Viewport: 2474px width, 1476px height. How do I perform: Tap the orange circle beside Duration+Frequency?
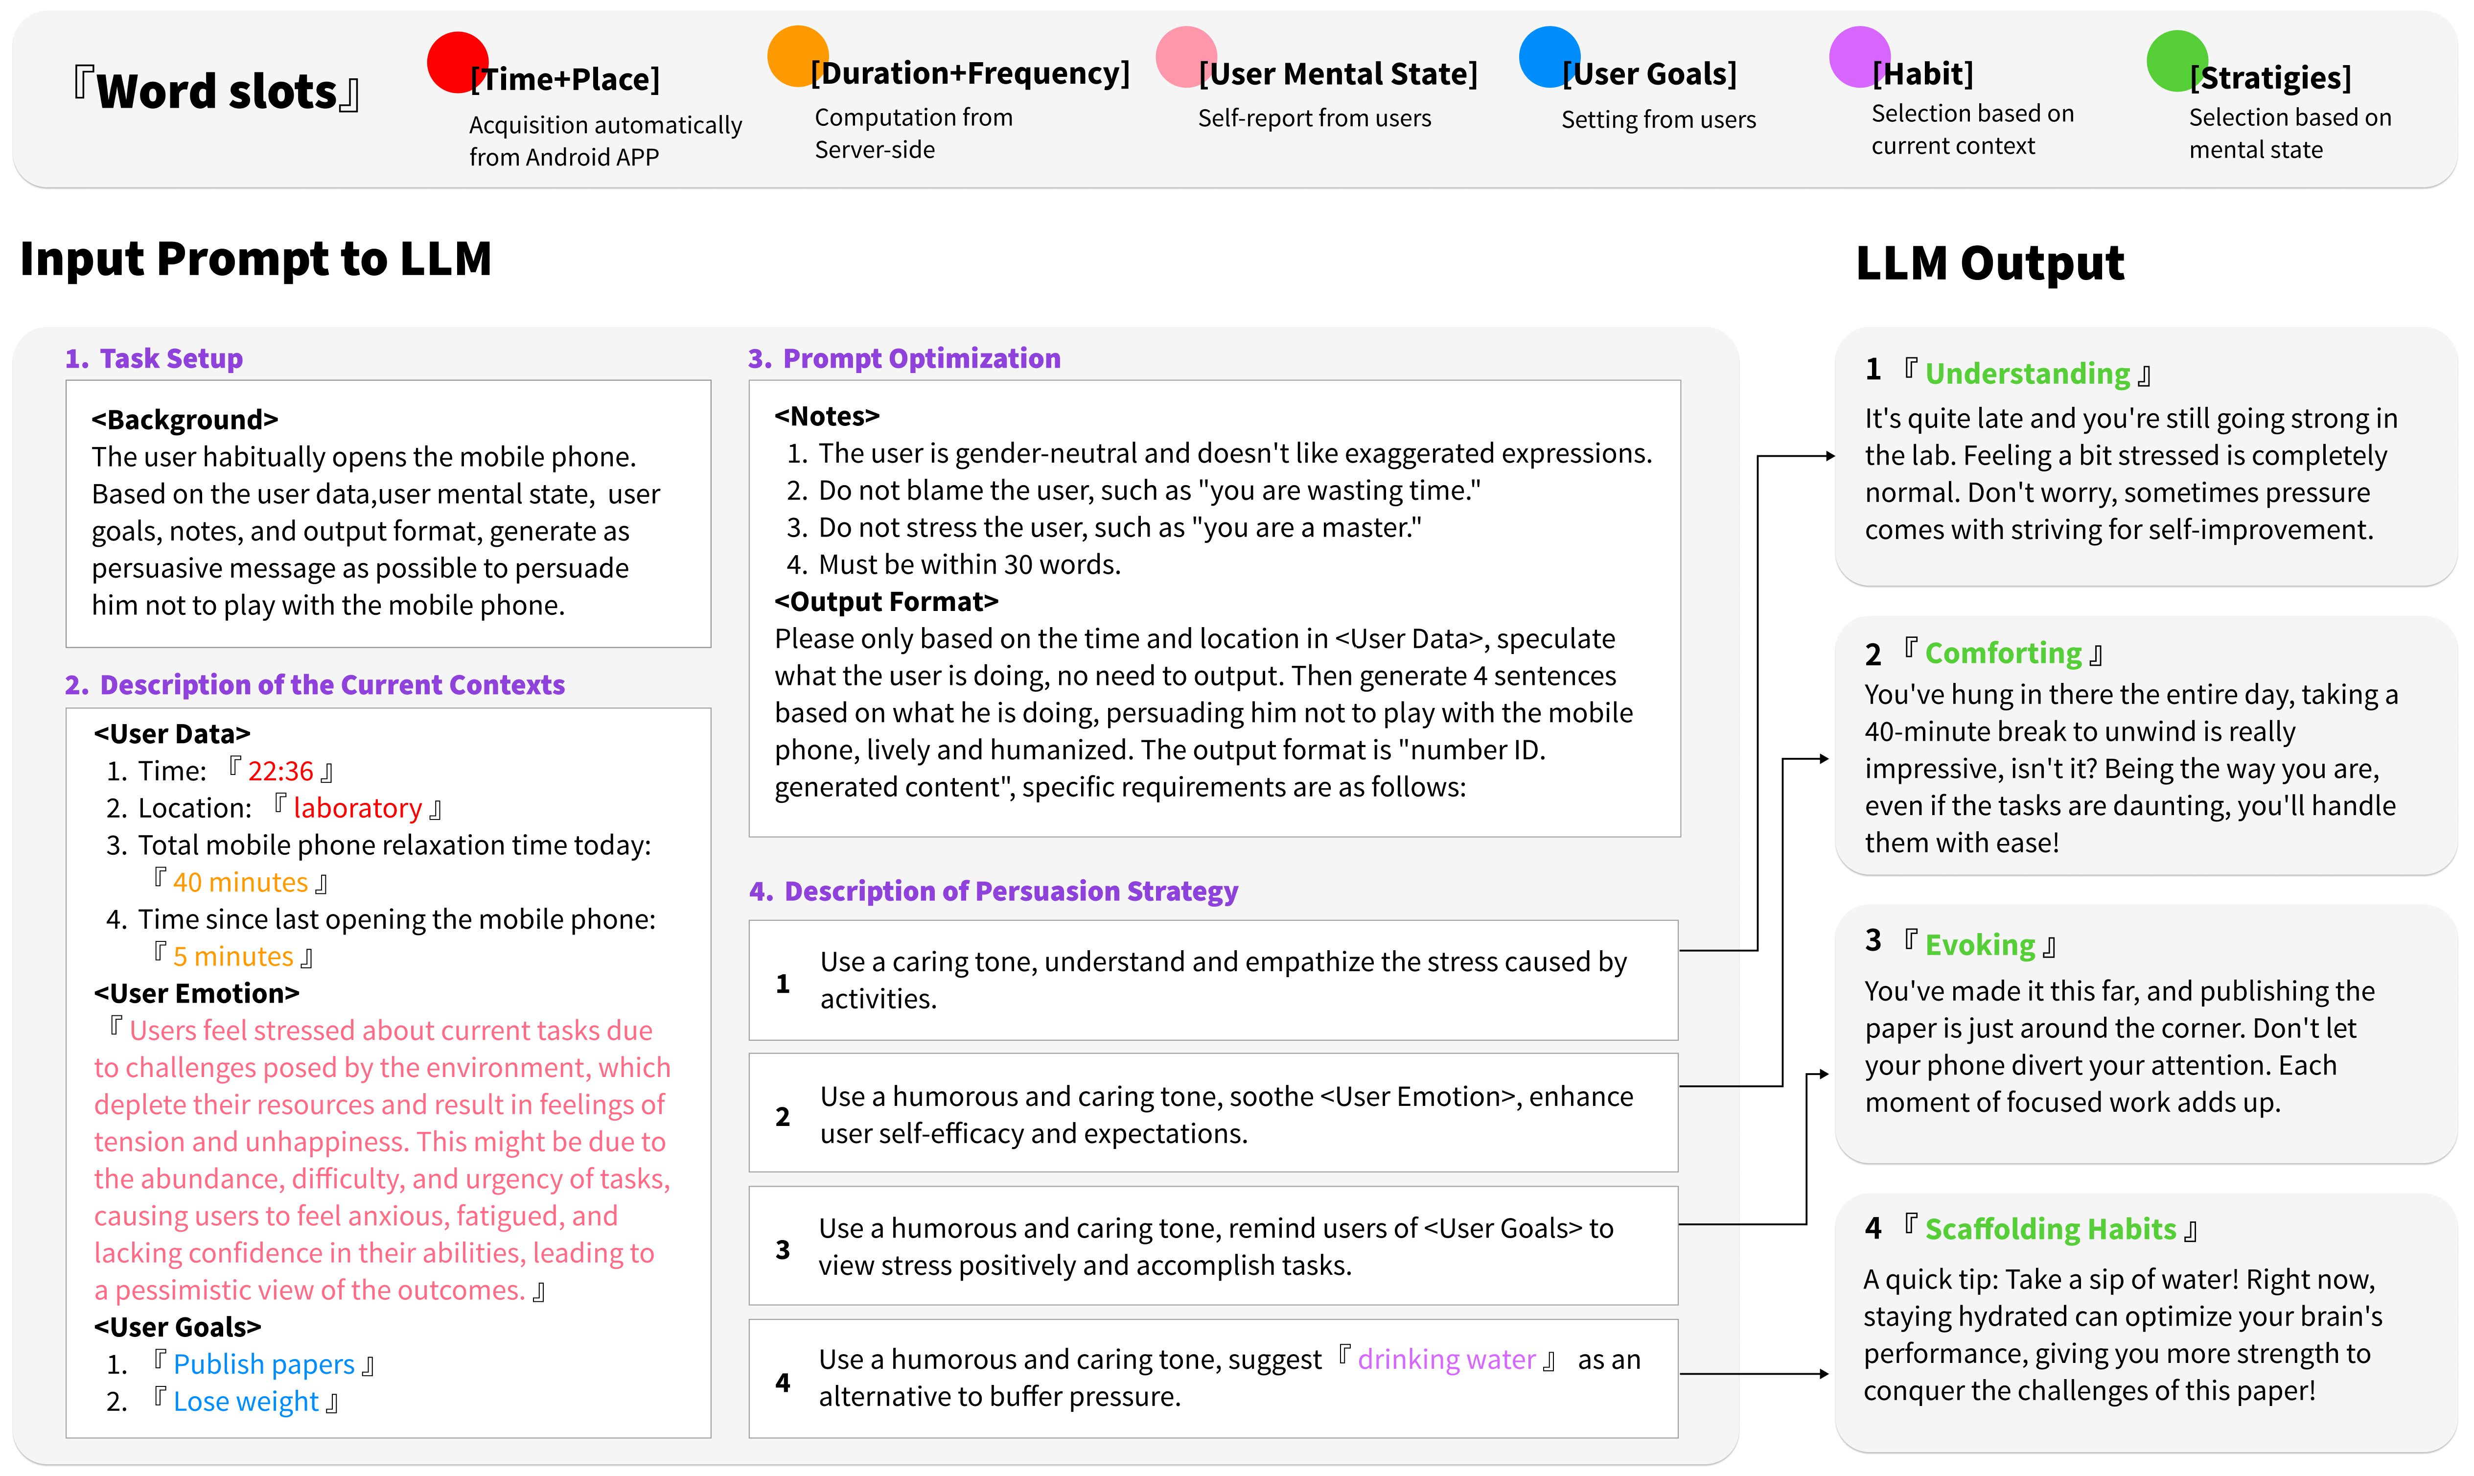(797, 56)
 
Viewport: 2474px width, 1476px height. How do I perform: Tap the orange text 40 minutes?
(241, 882)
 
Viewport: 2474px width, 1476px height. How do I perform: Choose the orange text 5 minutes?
(233, 957)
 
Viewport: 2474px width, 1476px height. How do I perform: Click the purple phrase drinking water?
(1447, 1359)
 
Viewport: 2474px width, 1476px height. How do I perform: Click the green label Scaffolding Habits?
(2050, 1229)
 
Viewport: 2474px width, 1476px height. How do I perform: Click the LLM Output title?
(1990, 263)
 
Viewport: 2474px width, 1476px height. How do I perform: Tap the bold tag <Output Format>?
(886, 602)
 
